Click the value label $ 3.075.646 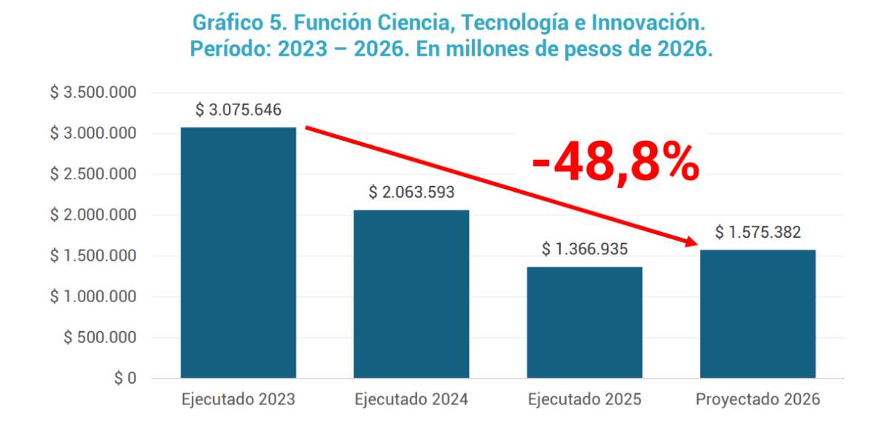(x=239, y=110)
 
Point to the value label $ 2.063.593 (x=411, y=193)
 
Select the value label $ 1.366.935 (x=585, y=249)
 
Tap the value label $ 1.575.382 (x=758, y=233)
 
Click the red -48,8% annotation (x=616, y=164)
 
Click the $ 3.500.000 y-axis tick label (x=93, y=93)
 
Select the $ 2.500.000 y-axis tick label (x=93, y=175)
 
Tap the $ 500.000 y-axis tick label (x=100, y=338)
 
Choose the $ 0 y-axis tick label (x=125, y=379)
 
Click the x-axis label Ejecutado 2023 (x=239, y=400)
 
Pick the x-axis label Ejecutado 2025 (x=585, y=400)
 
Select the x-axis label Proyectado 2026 (x=758, y=400)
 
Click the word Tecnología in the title (x=516, y=24)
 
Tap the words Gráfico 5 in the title (x=223, y=24)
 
